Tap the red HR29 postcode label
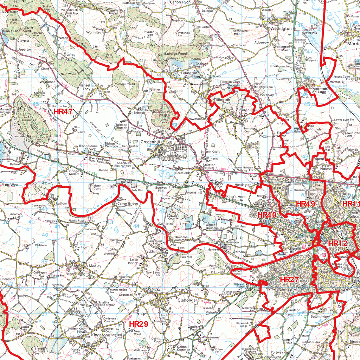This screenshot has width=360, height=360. tap(139, 324)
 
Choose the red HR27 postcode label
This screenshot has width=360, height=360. tap(289, 279)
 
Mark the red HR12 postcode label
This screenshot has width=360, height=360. tap(337, 243)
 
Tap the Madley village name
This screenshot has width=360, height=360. tap(95, 266)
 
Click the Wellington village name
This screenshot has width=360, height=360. tap(281, 28)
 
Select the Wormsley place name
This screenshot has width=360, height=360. tap(94, 32)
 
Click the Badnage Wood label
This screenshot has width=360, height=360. tap(178, 53)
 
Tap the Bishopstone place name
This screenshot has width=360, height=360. tap(88, 145)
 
